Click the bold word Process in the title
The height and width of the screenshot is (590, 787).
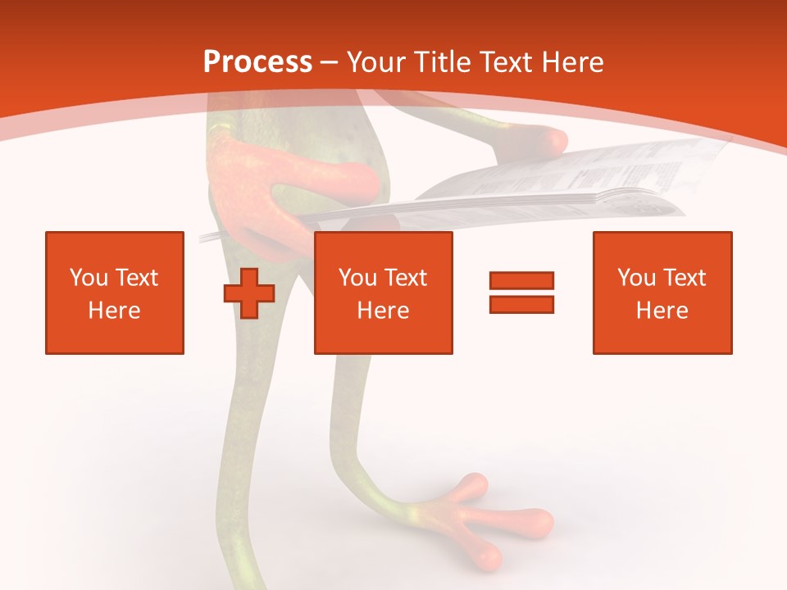(x=257, y=62)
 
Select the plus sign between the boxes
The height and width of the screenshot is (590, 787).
(x=249, y=293)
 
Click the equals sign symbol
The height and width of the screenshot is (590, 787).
(x=521, y=293)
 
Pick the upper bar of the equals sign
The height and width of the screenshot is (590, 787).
(x=521, y=281)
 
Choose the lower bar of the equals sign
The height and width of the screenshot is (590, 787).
(x=521, y=304)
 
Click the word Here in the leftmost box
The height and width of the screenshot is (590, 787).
(x=115, y=311)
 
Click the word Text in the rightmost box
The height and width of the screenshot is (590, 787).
(x=685, y=278)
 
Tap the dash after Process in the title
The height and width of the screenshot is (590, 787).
(x=329, y=62)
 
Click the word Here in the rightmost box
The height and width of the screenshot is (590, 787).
(x=662, y=311)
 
